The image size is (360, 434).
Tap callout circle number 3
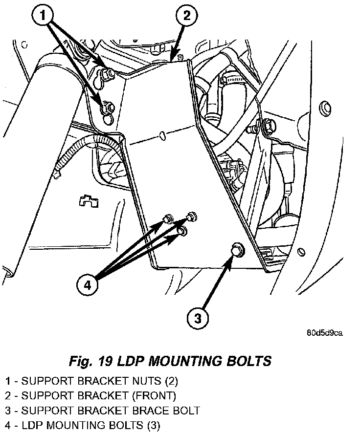click(198, 319)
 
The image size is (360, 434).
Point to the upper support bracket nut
click(111, 73)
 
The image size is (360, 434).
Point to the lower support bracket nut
click(108, 106)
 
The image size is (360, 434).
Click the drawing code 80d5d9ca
click(324, 333)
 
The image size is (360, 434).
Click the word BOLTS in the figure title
click(248, 362)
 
